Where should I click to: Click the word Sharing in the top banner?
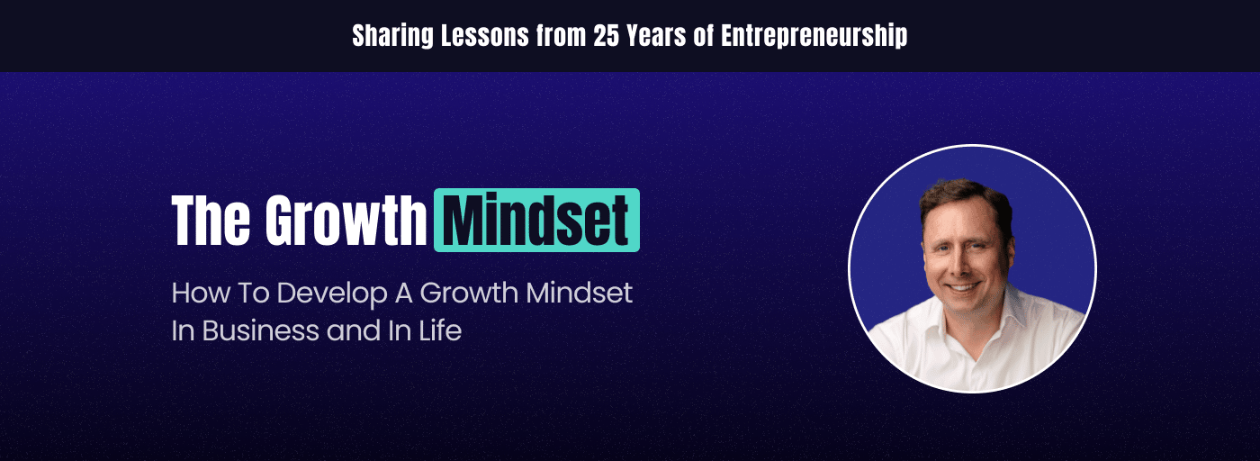point(392,37)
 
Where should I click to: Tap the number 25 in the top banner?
point(607,36)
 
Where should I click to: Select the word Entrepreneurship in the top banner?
point(814,37)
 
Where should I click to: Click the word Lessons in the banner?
point(485,36)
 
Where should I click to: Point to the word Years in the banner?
point(656,36)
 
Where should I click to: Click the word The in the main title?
point(211,220)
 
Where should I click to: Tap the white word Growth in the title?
point(346,220)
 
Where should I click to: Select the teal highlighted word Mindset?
point(536,220)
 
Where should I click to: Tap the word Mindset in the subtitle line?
point(579,293)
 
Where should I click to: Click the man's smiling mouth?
point(963,287)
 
